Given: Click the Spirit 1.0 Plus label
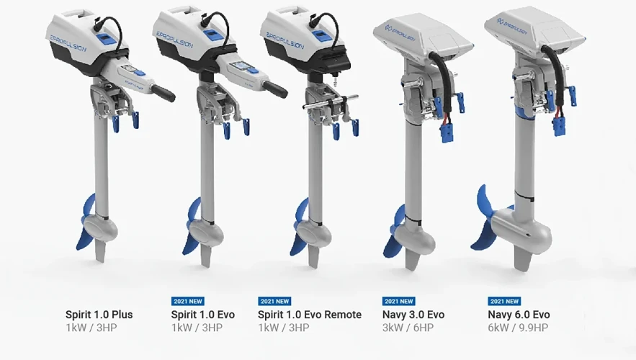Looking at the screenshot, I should click(99, 315).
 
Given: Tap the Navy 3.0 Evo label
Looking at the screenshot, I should click(413, 315).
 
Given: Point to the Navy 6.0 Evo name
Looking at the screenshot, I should click(519, 315).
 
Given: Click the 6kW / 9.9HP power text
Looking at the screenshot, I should click(517, 328).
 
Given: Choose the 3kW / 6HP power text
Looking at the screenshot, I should click(408, 328).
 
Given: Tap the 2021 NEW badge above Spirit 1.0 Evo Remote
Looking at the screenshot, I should click(274, 301).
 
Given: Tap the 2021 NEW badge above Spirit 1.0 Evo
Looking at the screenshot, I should click(187, 301).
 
